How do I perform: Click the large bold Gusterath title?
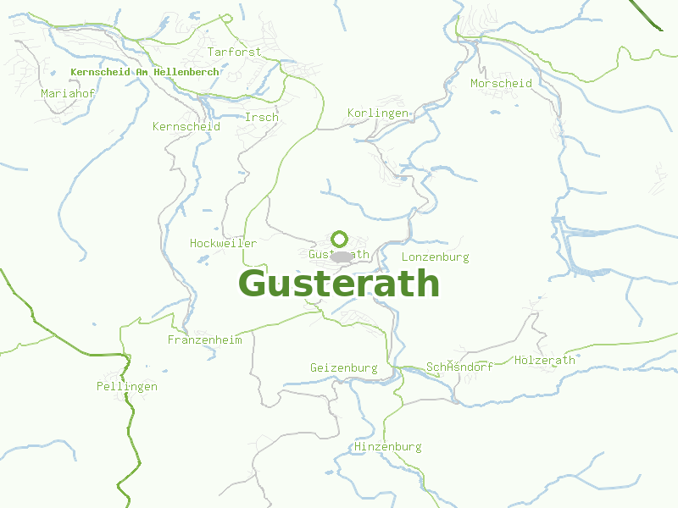[x=339, y=284]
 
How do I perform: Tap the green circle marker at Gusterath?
[x=340, y=239]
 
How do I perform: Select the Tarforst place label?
[x=235, y=52]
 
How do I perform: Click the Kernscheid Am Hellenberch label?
[x=145, y=73]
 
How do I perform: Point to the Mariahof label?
[x=68, y=93]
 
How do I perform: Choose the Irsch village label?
[x=261, y=118]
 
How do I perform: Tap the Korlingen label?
[x=378, y=113]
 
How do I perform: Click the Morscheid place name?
[x=502, y=84]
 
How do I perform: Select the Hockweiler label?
[x=224, y=244]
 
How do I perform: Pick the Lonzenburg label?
[x=435, y=257]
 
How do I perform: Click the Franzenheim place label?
[x=205, y=340]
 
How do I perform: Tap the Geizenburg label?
[x=344, y=368]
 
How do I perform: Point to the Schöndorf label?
[x=460, y=367]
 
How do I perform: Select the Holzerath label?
[x=545, y=361]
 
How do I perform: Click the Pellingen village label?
[x=127, y=387]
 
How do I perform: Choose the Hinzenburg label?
[x=388, y=447]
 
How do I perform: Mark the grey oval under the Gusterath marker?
[x=342, y=257]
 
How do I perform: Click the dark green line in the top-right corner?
[x=648, y=15]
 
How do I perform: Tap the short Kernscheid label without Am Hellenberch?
[x=186, y=127]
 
